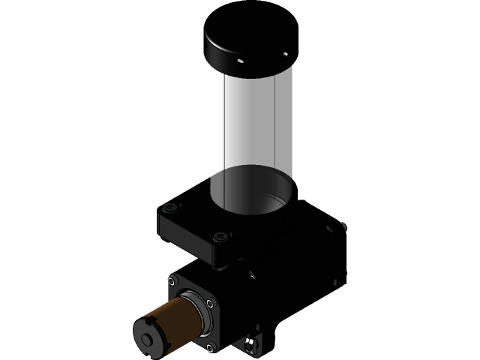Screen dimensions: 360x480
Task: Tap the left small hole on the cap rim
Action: coord(240,61)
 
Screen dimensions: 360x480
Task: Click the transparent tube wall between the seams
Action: coord(251,127)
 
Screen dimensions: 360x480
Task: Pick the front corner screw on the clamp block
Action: coord(220,238)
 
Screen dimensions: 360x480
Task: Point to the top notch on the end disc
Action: coord(152,321)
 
